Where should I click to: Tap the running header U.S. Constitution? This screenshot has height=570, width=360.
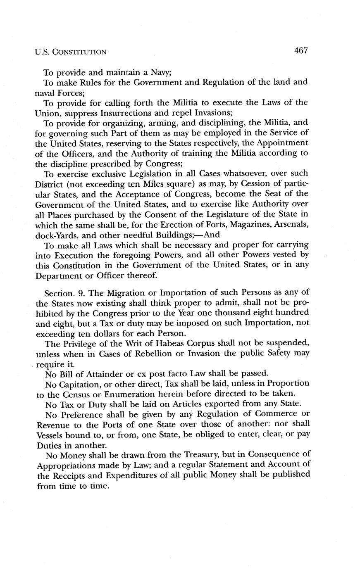[x=71, y=52]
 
